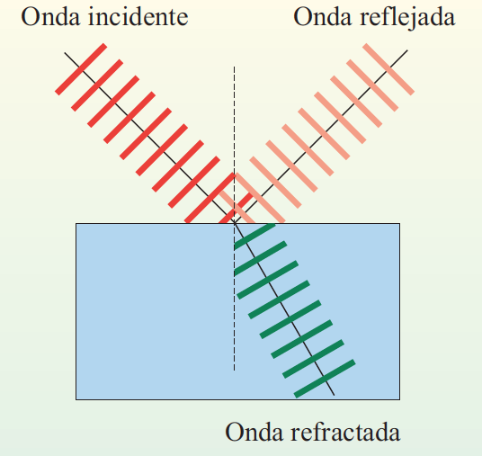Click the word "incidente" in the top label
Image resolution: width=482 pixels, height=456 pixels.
(x=138, y=16)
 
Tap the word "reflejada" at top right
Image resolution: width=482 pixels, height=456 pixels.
(x=407, y=17)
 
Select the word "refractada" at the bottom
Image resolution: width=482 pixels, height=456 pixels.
(x=345, y=432)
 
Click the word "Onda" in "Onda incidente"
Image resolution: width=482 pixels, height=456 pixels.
(x=50, y=17)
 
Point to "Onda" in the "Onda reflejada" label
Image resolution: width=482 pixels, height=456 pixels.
(x=323, y=17)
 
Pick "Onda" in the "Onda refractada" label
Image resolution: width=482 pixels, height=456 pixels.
(x=254, y=432)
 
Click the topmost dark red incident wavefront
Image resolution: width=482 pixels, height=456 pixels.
(x=81, y=69)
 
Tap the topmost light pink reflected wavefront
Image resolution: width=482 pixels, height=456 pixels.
(x=388, y=69)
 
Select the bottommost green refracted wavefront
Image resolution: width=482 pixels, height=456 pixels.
(x=325, y=379)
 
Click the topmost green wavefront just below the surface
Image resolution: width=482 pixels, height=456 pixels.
(x=254, y=237)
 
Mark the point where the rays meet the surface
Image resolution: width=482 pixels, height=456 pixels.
(x=234, y=223)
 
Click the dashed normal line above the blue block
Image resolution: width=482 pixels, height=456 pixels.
(x=234, y=145)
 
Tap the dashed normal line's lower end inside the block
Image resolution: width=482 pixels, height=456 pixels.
(x=234, y=371)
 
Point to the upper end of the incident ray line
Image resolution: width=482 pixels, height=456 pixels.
(x=65, y=52)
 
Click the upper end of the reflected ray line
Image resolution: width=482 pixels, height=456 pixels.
(x=407, y=50)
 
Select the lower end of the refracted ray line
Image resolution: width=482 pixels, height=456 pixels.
(x=335, y=395)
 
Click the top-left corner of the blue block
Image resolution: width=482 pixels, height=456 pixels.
(x=76, y=223)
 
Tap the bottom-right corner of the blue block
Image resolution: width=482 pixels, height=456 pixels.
(x=400, y=399)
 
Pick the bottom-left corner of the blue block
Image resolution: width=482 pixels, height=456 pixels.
(x=76, y=399)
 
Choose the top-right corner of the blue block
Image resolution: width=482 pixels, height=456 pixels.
(x=400, y=223)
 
